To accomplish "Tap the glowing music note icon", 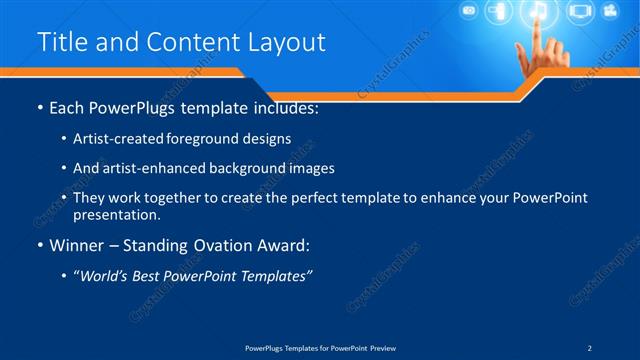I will pyautogui.click(x=538, y=12).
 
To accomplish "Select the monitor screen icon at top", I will pyautogui.click(x=579, y=12).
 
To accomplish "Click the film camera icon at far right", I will pyautogui.click(x=611, y=12).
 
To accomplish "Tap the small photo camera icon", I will pyautogui.click(x=468, y=12).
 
